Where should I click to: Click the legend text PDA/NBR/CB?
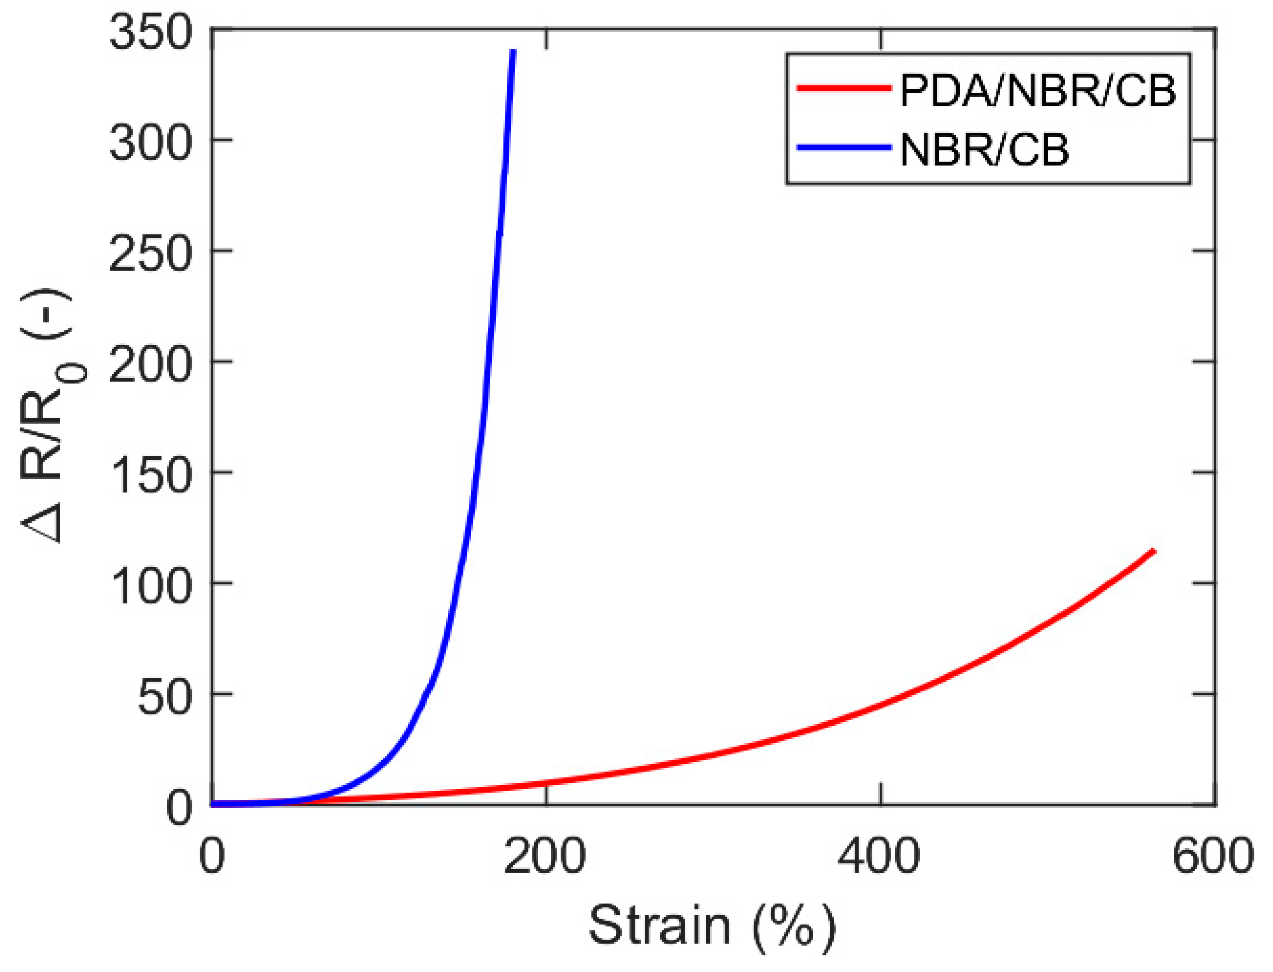coord(1038,91)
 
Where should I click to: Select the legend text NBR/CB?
coord(984,149)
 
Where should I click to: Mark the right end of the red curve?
coord(1153,551)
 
